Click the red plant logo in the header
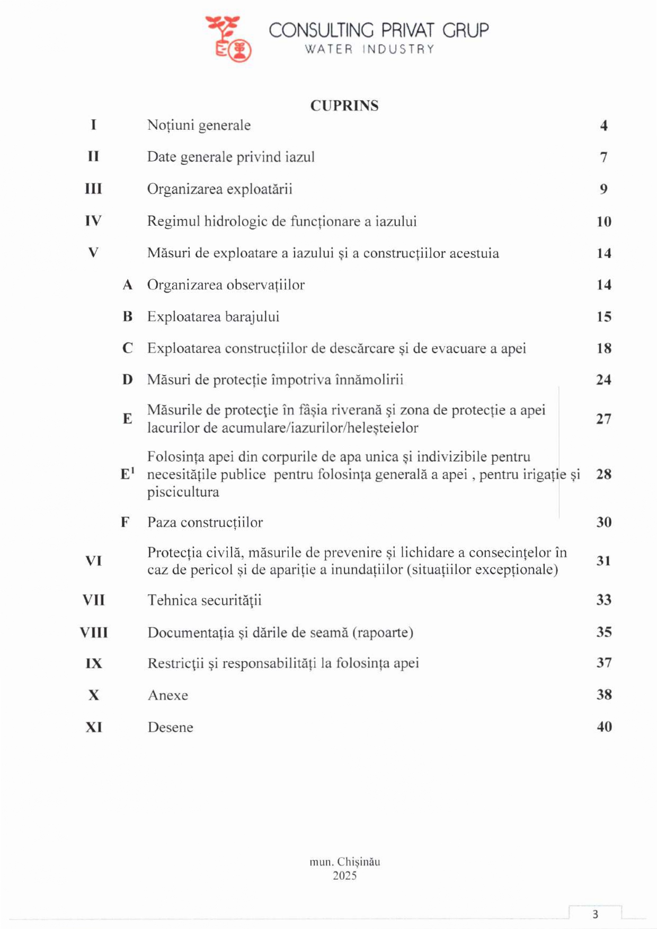pyautogui.click(x=228, y=39)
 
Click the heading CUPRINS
pyautogui.click(x=344, y=105)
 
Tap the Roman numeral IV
pyautogui.click(x=93, y=220)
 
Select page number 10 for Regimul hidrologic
pyautogui.click(x=604, y=222)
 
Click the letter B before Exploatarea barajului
pyautogui.click(x=128, y=316)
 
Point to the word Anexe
pyautogui.click(x=168, y=695)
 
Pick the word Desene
pyautogui.click(x=171, y=727)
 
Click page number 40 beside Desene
pyautogui.click(x=605, y=727)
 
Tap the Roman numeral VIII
pyautogui.click(x=94, y=632)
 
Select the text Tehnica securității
pyautogui.click(x=205, y=600)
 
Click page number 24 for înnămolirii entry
pyautogui.click(x=604, y=379)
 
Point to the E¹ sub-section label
pyautogui.click(x=128, y=474)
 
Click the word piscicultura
pyautogui.click(x=183, y=492)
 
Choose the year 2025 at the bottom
pyautogui.click(x=345, y=875)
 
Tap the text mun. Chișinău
pyautogui.click(x=345, y=862)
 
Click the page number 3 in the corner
pyautogui.click(x=596, y=914)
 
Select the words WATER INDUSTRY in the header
pyautogui.click(x=369, y=49)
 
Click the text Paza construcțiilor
pyautogui.click(x=205, y=523)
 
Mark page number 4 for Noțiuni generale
pyautogui.click(x=604, y=126)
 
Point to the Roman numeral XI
pyautogui.click(x=94, y=727)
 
